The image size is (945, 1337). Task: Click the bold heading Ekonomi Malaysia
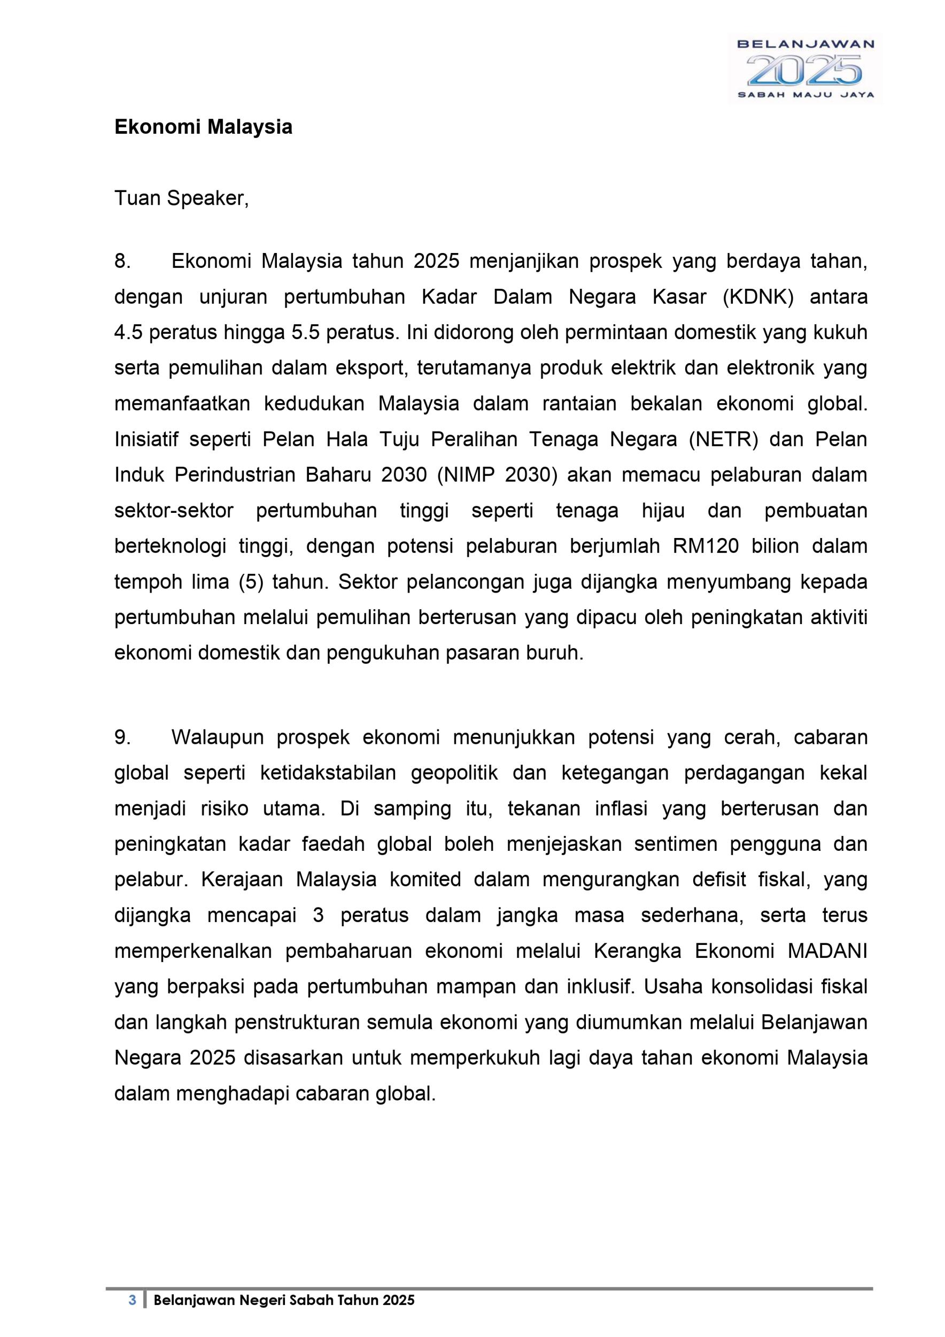tap(203, 127)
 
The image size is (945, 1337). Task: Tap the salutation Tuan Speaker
tap(182, 198)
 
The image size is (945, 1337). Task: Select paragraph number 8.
tap(122, 262)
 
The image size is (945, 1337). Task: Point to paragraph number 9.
tap(122, 737)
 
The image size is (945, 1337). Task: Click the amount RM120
tap(705, 546)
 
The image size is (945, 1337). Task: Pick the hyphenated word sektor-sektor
tap(174, 511)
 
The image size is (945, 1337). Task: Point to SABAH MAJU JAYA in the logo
tap(805, 95)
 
